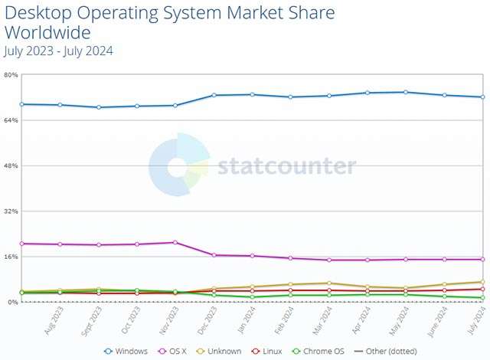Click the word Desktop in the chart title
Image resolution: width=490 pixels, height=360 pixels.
(38, 14)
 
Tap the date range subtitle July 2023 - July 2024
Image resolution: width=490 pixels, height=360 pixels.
(58, 51)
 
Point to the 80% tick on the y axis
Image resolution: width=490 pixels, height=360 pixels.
(11, 74)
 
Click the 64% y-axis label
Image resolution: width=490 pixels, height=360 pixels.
(11, 120)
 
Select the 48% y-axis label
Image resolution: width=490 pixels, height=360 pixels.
(11, 165)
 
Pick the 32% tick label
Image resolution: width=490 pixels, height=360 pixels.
(11, 211)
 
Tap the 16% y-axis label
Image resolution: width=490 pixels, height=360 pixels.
(11, 257)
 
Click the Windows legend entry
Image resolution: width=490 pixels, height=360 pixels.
(127, 351)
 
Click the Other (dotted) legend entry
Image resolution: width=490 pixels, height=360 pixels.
(384, 351)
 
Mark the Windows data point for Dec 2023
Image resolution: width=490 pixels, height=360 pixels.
(214, 95)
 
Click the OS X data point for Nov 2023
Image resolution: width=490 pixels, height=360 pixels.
(175, 242)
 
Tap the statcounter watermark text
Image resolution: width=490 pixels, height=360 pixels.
(286, 166)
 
